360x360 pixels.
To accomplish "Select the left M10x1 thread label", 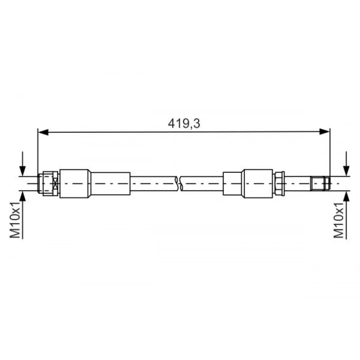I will point(15,220).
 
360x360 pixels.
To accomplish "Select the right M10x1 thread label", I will point(339,220).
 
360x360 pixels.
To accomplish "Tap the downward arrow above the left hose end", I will point(22,166).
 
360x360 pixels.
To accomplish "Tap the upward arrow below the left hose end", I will point(22,197).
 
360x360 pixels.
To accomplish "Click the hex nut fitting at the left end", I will point(48,184).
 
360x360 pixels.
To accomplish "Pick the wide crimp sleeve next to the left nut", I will point(75,184).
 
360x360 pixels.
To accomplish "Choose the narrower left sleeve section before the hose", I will point(110,183).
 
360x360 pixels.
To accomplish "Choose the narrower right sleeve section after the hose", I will point(233,183).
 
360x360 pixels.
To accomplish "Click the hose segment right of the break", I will point(202,183).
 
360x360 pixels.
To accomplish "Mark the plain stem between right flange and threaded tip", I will point(298,183).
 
